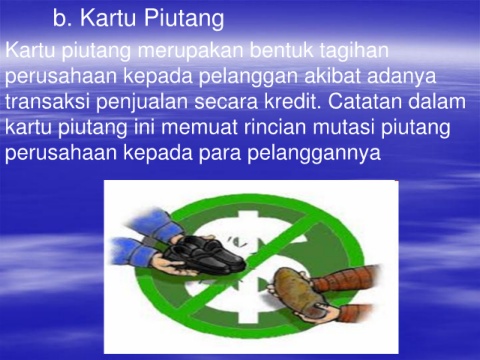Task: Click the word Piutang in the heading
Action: (x=184, y=19)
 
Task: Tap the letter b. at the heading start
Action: (x=62, y=18)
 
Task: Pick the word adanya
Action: (x=402, y=77)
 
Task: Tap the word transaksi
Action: (x=48, y=101)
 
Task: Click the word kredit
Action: (x=293, y=101)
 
